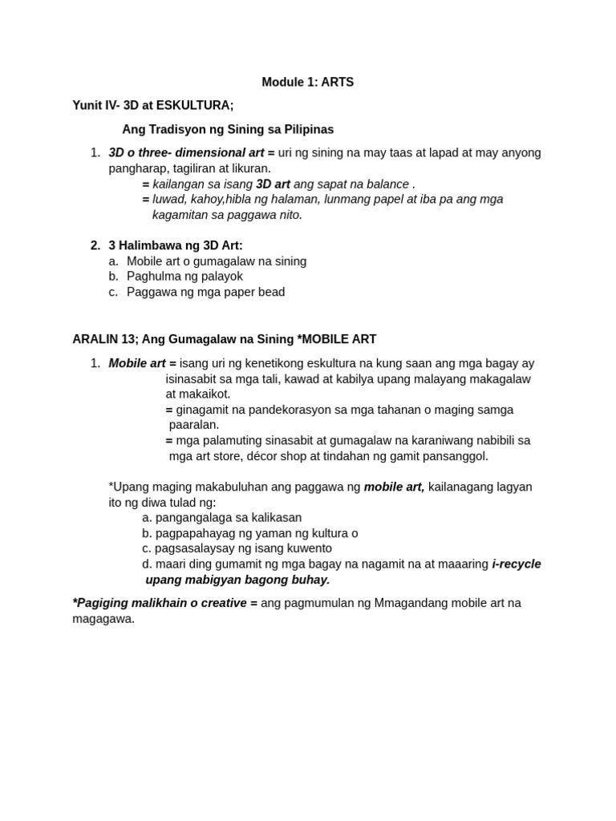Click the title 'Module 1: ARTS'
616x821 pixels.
307,82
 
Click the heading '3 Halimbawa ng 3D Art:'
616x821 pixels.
175,245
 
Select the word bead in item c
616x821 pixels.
270,292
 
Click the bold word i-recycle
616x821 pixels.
517,564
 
